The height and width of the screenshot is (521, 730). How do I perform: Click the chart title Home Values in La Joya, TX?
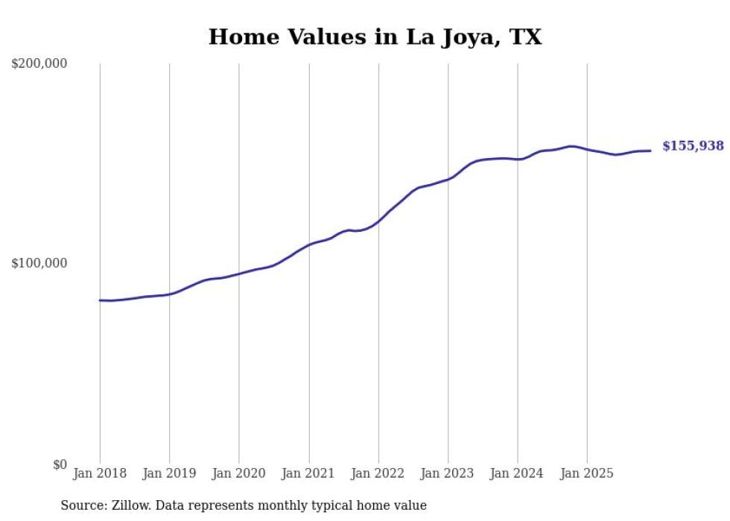(x=375, y=37)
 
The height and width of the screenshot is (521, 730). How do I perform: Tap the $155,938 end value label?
(x=693, y=146)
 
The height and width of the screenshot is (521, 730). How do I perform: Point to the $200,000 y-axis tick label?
(x=39, y=64)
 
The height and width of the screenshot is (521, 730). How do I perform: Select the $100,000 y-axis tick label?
(x=39, y=263)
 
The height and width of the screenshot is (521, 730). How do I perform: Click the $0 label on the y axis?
(x=60, y=464)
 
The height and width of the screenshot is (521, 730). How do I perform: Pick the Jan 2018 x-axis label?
(x=100, y=473)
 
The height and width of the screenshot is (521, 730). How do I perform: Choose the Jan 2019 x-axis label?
(x=169, y=473)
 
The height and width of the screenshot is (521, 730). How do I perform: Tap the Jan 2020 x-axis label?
(x=239, y=473)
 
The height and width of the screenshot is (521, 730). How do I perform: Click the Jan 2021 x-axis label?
(x=308, y=473)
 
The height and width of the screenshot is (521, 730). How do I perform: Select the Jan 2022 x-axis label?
(x=378, y=473)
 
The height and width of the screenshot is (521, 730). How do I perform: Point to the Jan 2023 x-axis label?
(x=448, y=473)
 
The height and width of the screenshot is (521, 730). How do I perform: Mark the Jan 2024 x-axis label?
(x=518, y=473)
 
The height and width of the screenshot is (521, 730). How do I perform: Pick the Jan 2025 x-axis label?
(x=587, y=473)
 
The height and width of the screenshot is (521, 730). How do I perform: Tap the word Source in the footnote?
(x=82, y=505)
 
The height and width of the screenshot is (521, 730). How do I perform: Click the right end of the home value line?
(x=650, y=151)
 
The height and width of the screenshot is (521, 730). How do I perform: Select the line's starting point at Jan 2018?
(x=100, y=300)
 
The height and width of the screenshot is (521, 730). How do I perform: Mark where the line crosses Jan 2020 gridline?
(x=239, y=274)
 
